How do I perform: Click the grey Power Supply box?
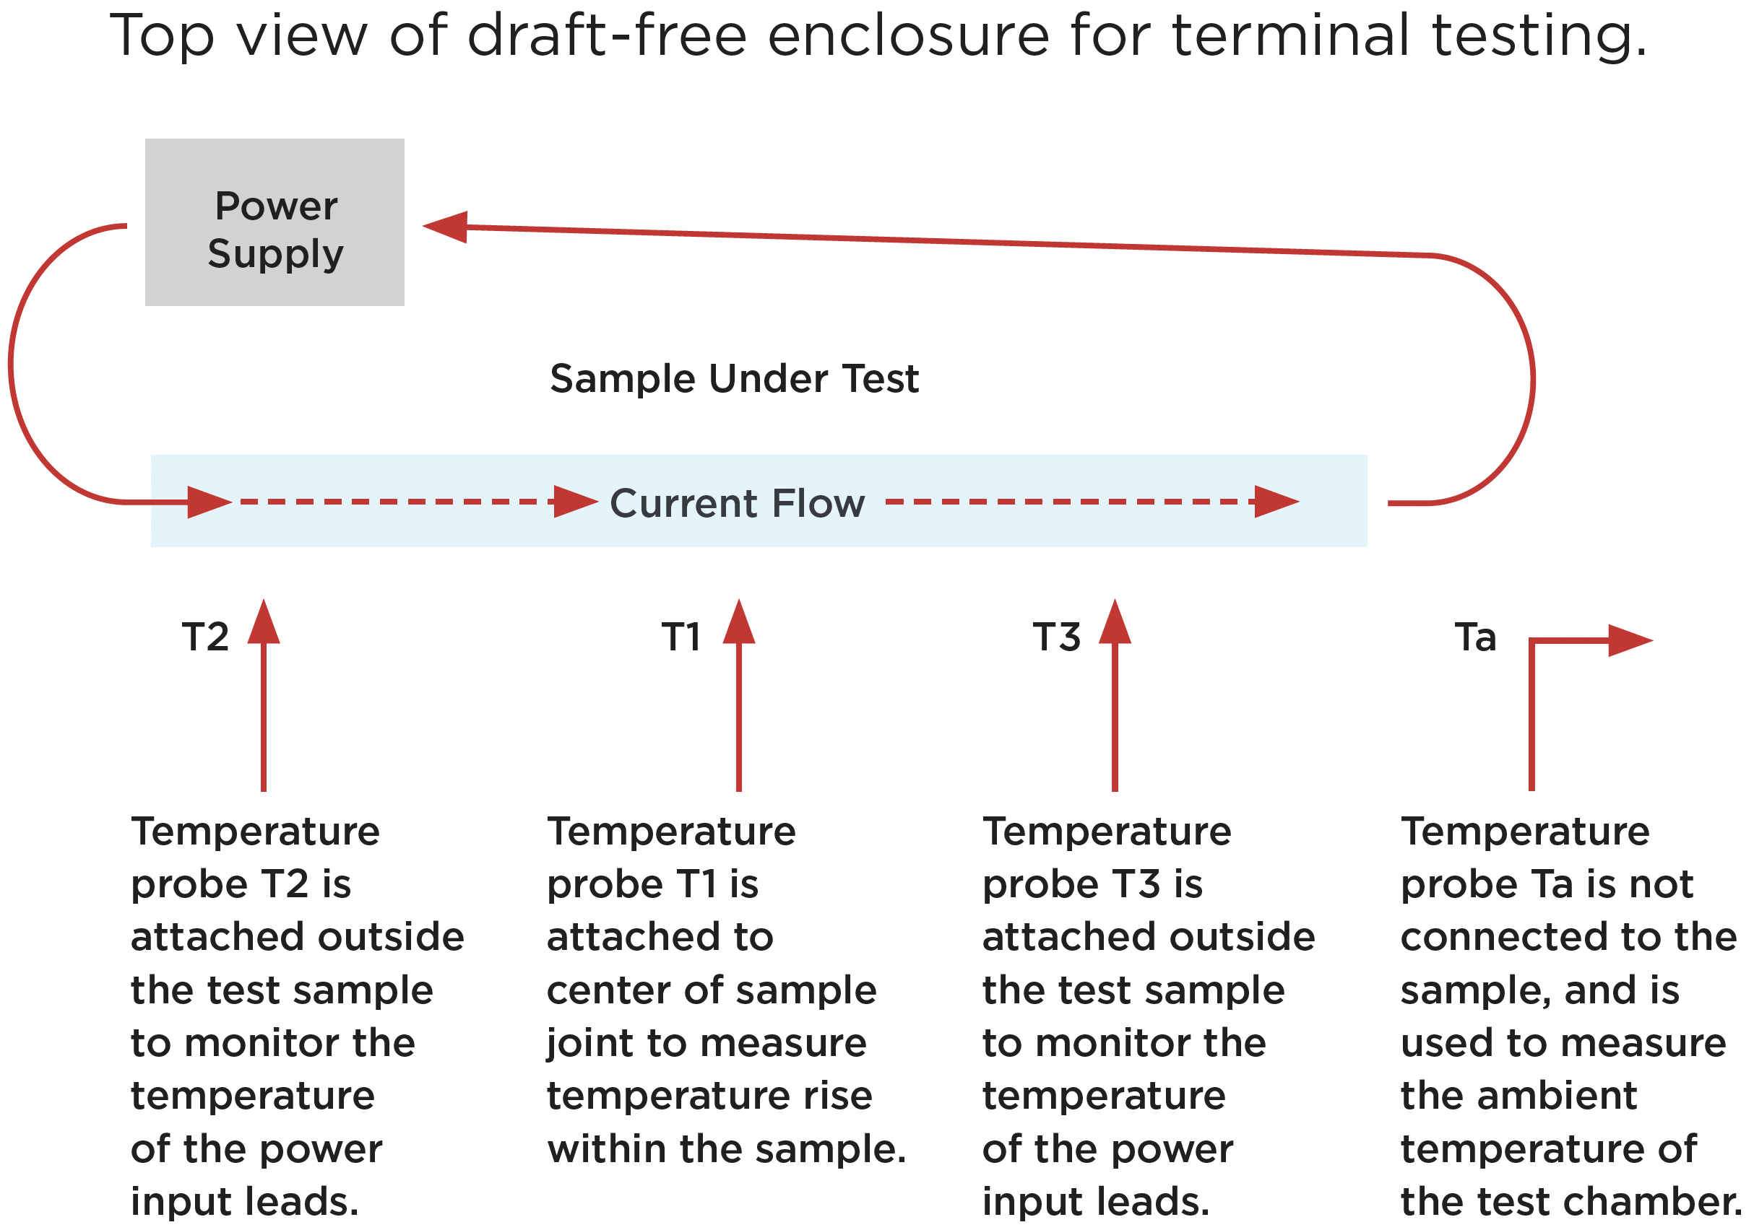point(275,222)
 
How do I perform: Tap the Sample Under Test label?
point(734,378)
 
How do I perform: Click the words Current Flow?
point(737,503)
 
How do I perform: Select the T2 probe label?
point(205,637)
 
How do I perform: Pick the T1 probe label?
point(681,637)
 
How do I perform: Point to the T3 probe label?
point(1057,637)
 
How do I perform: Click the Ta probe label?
point(1475,637)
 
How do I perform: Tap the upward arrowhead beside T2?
point(264,621)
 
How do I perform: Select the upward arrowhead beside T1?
point(739,621)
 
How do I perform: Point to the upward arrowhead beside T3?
point(1115,621)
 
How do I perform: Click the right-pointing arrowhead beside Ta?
point(1631,640)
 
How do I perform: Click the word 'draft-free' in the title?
point(608,36)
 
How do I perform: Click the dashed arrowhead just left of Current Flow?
point(576,502)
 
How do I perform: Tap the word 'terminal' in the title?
point(1291,36)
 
